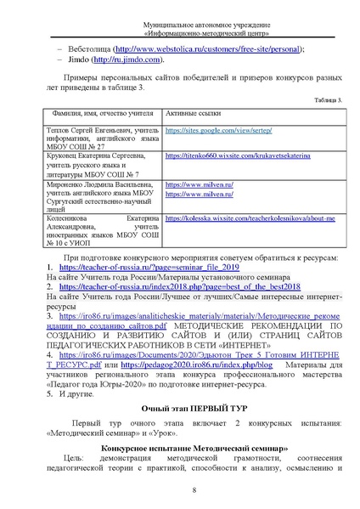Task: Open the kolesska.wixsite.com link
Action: pos(250,219)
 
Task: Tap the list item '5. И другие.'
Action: pos(72,396)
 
